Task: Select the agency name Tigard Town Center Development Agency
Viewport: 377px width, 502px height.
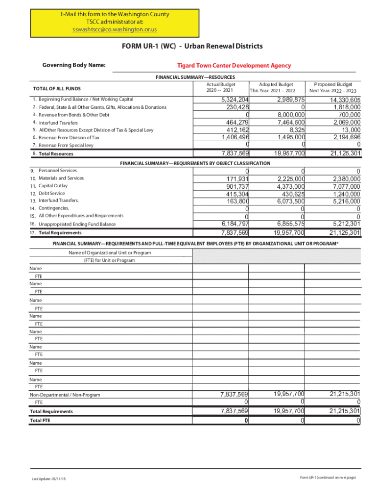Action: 234,65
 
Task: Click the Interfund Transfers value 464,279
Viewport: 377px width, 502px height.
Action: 235,122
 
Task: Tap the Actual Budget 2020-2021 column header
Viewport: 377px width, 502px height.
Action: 221,87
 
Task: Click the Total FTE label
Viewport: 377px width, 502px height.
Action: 40,421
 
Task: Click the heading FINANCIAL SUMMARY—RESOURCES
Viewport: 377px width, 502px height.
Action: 195,77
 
